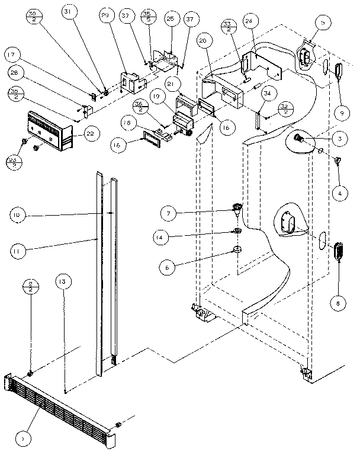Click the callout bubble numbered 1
coord(23,438)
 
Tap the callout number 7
coord(169,212)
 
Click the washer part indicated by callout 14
coord(236,230)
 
